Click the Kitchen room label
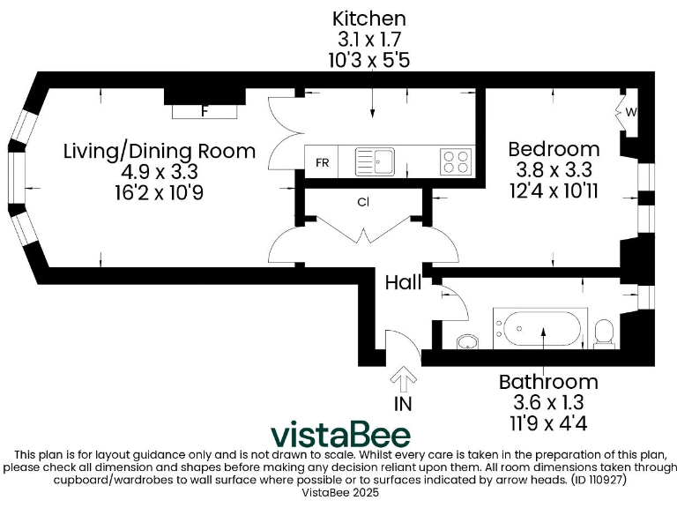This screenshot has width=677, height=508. point(368,18)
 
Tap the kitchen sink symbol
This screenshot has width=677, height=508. point(375,161)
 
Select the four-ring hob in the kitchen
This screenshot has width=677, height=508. point(456,161)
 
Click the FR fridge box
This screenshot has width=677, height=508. point(323,163)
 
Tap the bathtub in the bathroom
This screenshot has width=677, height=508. point(539,330)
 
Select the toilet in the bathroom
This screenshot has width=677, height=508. point(604,332)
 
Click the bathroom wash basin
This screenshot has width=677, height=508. point(467,340)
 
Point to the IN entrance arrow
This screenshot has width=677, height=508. point(405,381)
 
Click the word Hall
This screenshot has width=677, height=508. point(404,282)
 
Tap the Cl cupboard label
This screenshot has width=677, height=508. point(362,202)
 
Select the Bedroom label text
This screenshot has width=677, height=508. point(554,148)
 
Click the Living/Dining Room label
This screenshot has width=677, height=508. point(160,150)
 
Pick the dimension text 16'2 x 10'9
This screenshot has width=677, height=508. point(160,192)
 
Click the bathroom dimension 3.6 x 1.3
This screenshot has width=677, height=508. point(548,402)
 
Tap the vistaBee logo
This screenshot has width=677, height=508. point(339,435)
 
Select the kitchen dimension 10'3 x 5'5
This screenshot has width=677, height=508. point(368,60)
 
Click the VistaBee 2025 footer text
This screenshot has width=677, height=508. point(339,494)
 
